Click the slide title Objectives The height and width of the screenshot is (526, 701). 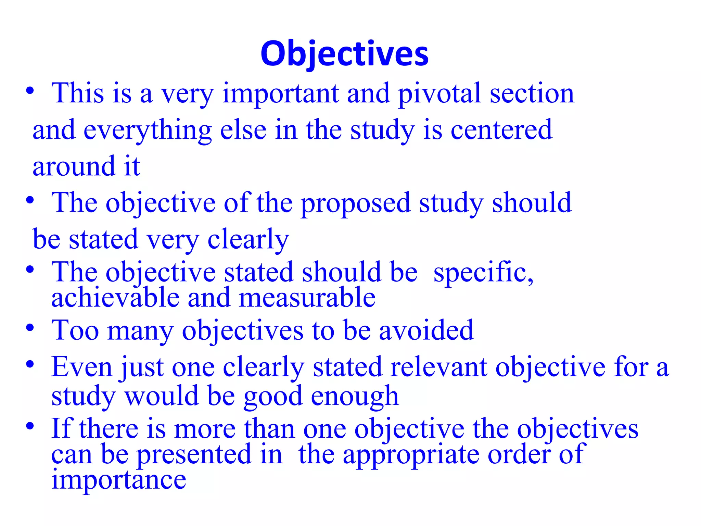click(344, 54)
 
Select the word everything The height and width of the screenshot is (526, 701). click(148, 131)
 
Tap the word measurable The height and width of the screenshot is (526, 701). click(307, 298)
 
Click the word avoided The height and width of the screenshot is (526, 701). click(426, 330)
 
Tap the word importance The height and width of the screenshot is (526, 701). click(119, 480)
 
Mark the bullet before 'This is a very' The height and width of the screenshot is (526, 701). click(30, 91)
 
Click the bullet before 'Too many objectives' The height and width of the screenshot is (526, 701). click(30, 328)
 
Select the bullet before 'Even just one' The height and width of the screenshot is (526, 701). click(30, 364)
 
